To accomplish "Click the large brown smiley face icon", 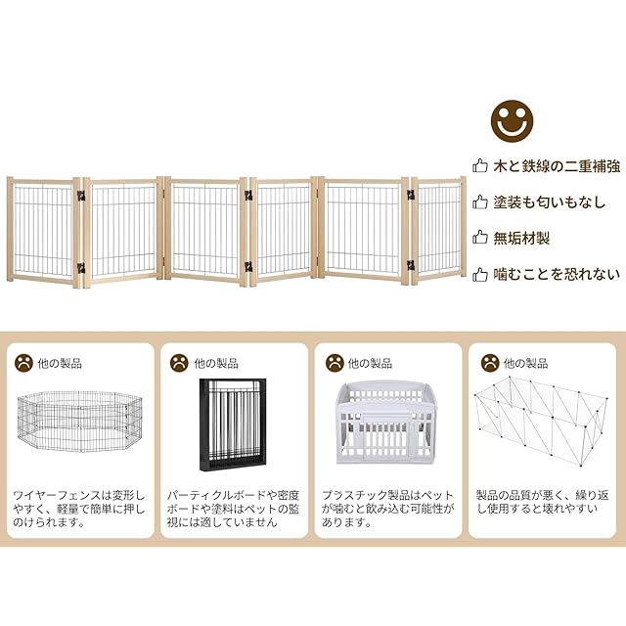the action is [x=512, y=121].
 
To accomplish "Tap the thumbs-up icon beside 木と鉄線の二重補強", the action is [x=480, y=166].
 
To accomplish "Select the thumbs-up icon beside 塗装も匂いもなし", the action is [x=480, y=202].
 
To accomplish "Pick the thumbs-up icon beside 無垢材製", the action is [x=480, y=238].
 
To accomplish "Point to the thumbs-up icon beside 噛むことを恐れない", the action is [x=480, y=275].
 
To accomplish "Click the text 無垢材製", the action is [x=523, y=238].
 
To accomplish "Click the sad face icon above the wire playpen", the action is [x=23, y=362].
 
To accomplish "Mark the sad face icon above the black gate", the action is [x=179, y=362].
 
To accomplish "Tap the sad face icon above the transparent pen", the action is [x=488, y=362].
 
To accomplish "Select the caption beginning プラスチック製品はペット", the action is [x=387, y=509].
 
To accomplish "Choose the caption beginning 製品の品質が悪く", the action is [x=543, y=502].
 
